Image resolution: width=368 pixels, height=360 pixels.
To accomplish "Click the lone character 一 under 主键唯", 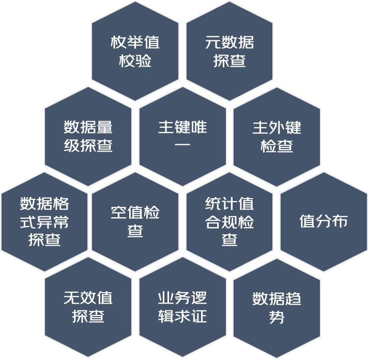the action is (182, 144).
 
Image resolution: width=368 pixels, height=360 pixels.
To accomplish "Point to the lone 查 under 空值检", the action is (135, 230).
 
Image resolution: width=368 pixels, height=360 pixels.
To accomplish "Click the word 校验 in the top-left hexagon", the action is (135, 61).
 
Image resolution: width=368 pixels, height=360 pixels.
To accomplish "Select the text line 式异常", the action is (44, 222).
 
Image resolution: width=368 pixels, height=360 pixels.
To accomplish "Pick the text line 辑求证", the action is (182, 316).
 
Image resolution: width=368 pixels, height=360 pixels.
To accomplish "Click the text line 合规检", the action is (229, 222).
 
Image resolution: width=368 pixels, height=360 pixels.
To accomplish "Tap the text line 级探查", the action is (88, 145).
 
